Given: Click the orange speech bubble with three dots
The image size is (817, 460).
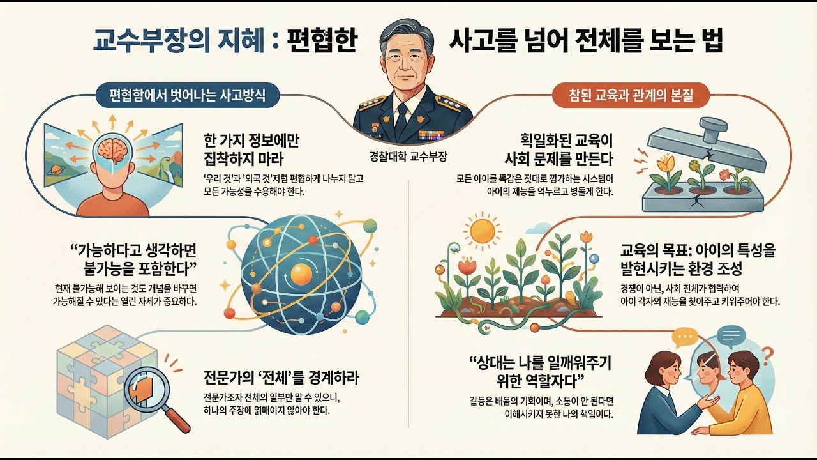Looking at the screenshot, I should [x=686, y=336].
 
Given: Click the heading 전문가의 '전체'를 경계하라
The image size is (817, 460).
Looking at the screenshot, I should [x=280, y=378].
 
